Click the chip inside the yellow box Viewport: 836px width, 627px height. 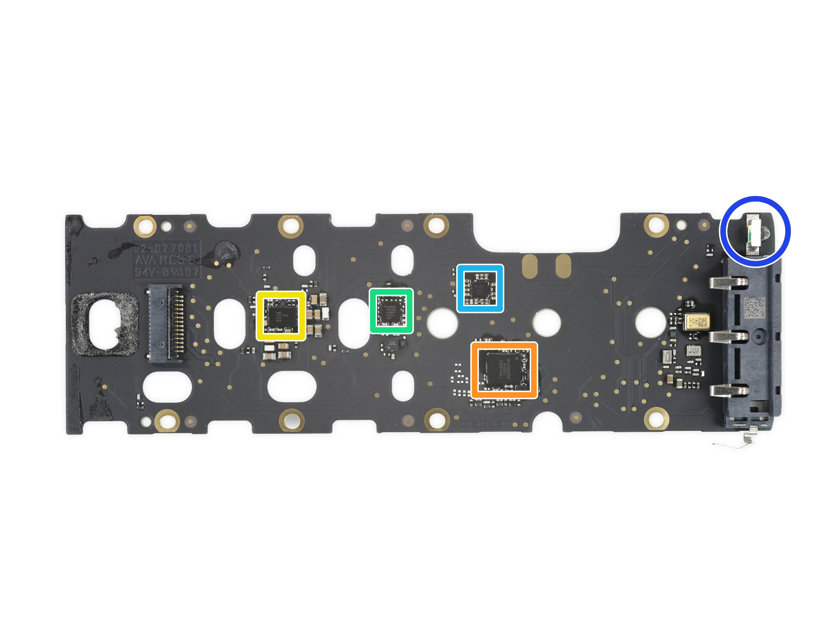click(x=281, y=316)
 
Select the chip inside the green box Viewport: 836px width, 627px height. click(x=391, y=311)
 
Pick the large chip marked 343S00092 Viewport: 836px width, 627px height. click(x=504, y=370)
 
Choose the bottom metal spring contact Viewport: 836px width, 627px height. click(x=729, y=390)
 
